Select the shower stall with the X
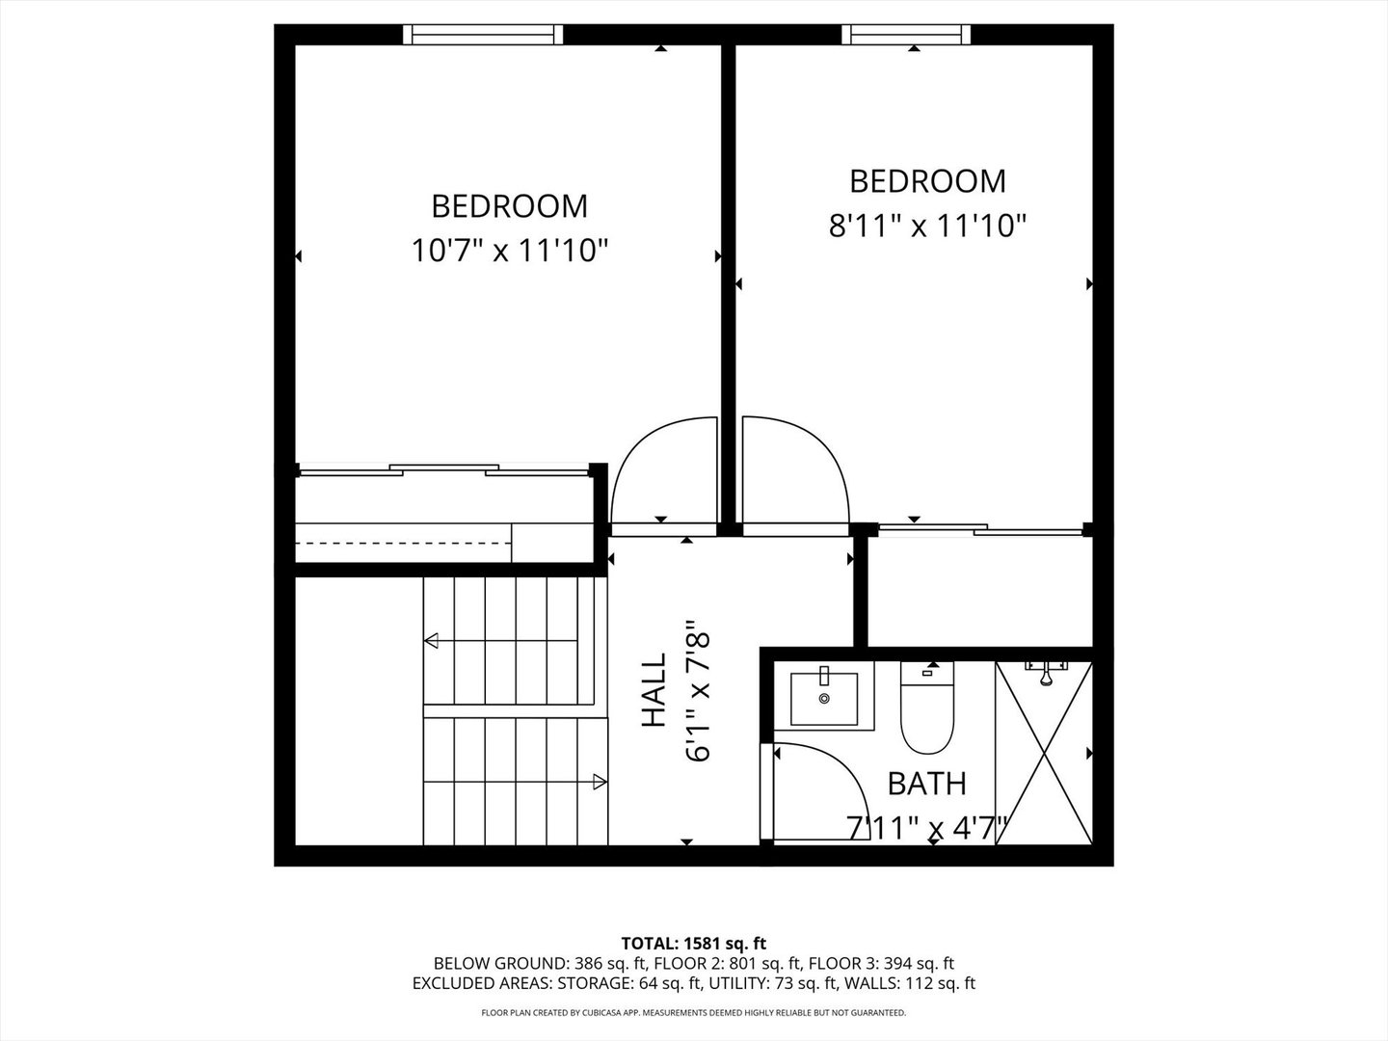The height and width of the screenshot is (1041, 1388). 1043,753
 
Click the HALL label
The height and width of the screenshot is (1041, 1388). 654,691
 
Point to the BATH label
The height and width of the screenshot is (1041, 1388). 926,784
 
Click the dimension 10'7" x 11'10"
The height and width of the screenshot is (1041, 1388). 510,252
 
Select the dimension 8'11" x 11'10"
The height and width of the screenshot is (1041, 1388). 927,227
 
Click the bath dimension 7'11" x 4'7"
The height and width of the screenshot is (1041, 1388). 926,827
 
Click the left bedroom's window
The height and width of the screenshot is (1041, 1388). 483,35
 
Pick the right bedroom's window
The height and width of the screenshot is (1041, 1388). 905,35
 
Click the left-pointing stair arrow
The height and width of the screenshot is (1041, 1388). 432,640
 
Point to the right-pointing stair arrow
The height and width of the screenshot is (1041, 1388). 600,783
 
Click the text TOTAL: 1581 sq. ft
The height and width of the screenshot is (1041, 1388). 694,943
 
